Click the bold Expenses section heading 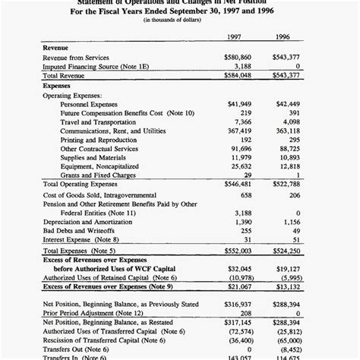pos(57,86)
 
